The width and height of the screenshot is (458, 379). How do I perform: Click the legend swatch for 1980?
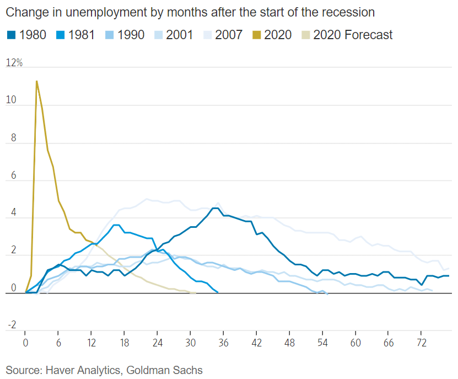point(11,35)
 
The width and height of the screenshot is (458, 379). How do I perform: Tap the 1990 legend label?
point(131,35)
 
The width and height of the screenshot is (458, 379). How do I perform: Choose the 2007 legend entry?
point(229,35)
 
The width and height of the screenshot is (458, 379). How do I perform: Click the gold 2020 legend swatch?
point(256,35)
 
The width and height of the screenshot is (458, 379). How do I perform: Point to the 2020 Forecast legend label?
point(353,35)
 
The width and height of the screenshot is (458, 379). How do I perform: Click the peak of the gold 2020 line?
point(36,81)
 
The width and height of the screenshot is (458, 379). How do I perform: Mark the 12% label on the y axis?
point(14,63)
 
